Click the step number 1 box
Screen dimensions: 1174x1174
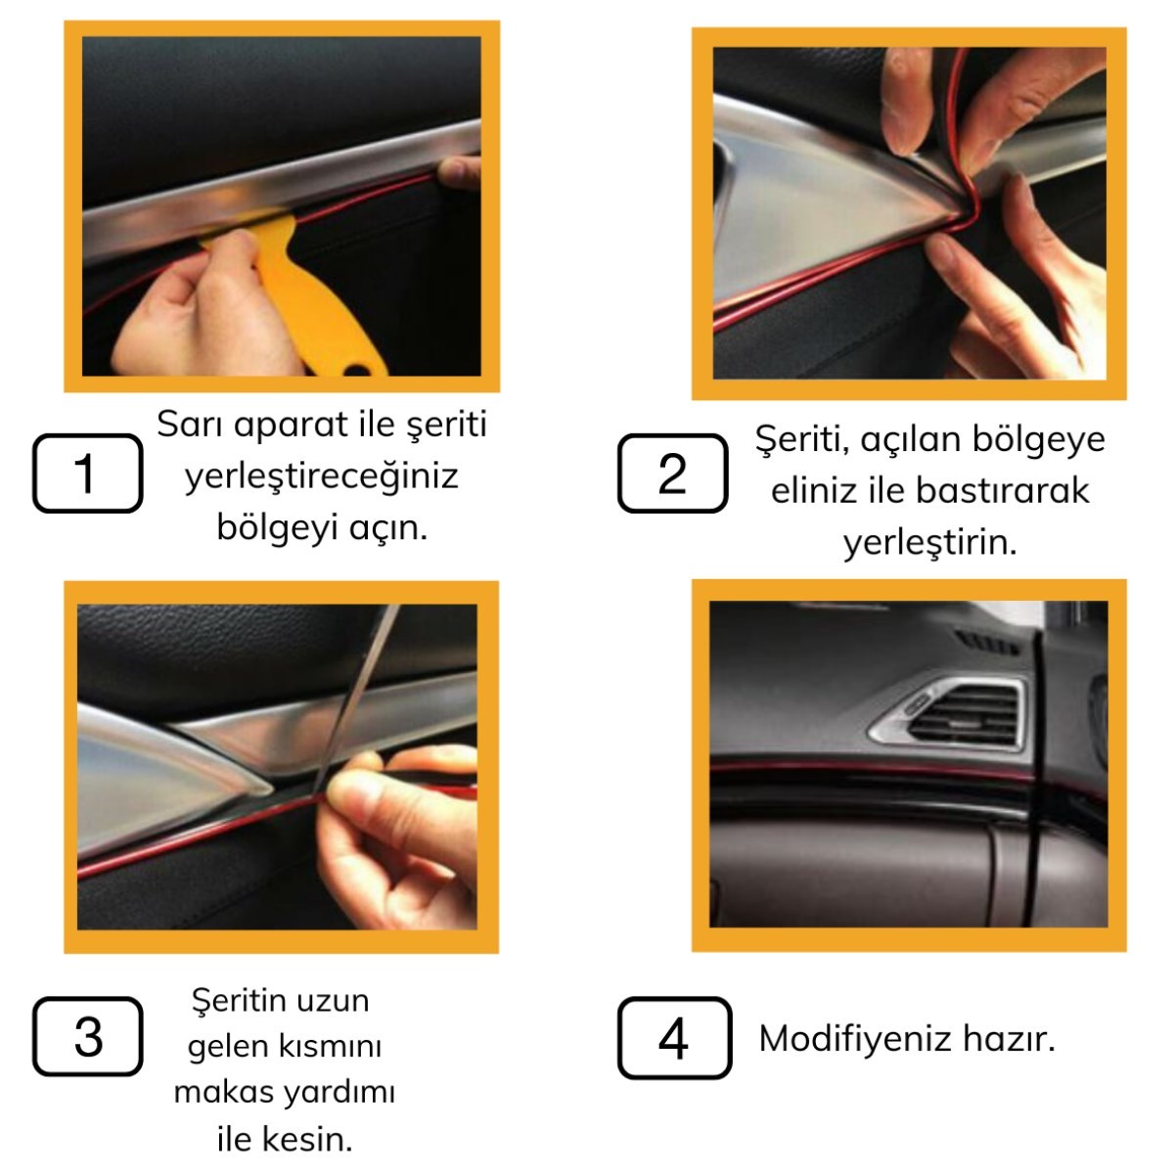point(88,473)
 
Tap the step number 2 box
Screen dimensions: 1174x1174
point(672,473)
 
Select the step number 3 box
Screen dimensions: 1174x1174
point(88,1036)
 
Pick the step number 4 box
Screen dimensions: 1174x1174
point(674,1038)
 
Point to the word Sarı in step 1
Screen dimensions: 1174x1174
point(191,424)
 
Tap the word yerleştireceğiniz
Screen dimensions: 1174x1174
point(321,477)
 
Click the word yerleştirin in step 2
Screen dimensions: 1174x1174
point(929,542)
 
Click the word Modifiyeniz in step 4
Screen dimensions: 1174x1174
point(855,1039)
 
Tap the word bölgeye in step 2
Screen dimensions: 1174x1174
point(1038,440)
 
